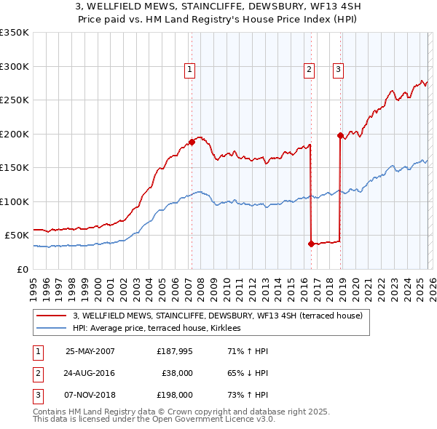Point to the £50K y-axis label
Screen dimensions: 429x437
tap(17, 236)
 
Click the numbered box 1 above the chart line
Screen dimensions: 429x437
tap(189, 70)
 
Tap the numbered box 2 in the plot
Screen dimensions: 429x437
tap(309, 70)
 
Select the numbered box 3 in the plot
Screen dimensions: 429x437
tap(339, 70)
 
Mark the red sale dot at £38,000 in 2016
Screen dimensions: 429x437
tap(311, 244)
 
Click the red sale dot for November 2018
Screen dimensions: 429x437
tap(340, 135)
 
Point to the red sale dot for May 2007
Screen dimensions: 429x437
tap(192, 142)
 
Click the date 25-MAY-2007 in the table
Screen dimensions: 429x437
tap(90, 351)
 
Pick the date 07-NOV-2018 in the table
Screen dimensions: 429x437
tap(90, 395)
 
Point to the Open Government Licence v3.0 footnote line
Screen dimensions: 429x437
tap(154, 420)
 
